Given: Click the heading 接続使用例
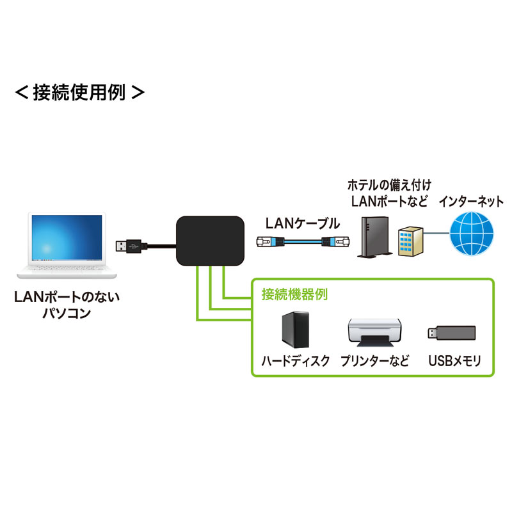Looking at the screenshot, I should coord(79,92).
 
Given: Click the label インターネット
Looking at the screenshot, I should coord(471,202).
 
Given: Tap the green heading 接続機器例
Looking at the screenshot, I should coord(295,295).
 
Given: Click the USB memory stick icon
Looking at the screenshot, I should coord(451,332).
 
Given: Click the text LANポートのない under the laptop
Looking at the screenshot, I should coord(67,298).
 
